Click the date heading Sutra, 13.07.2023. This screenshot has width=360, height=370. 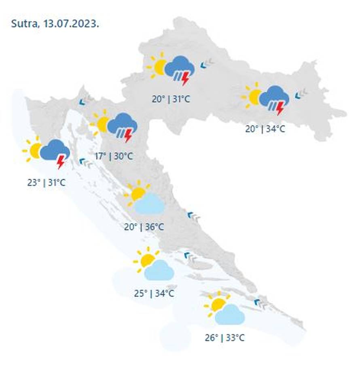point(55,23)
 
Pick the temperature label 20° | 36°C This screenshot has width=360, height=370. point(144,226)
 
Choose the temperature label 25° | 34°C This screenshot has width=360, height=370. point(154,293)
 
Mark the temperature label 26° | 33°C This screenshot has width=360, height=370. point(224,337)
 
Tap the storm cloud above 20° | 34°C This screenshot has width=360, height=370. point(274,98)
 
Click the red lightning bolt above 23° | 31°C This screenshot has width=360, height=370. point(61,162)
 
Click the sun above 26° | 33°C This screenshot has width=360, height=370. point(217,304)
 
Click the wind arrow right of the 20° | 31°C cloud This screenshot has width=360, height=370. point(208,63)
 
